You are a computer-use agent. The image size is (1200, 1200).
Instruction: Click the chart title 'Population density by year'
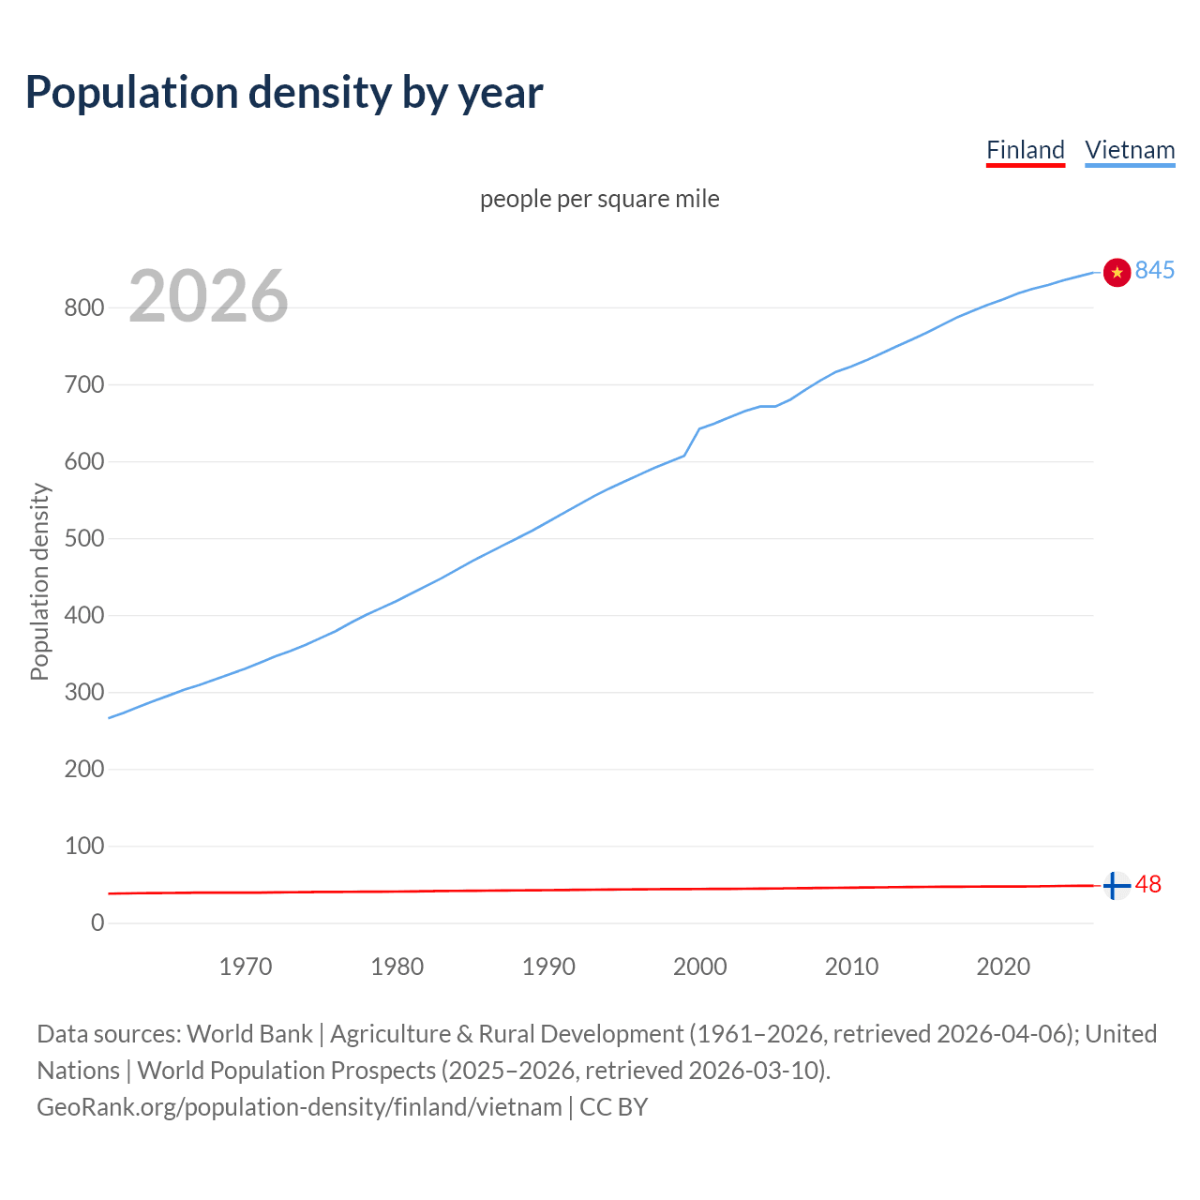(284, 93)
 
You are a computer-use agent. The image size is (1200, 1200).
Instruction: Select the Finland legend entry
(1026, 150)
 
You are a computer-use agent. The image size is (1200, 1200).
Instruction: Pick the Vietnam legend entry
(1130, 150)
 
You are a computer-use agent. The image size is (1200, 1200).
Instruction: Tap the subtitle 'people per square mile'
(600, 199)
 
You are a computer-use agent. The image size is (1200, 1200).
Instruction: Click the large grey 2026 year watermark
(208, 296)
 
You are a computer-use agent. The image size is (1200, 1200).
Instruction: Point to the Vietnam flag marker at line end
(1117, 272)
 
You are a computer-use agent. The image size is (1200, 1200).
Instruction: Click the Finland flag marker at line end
(1116, 885)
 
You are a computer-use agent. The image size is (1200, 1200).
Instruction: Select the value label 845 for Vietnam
(1154, 270)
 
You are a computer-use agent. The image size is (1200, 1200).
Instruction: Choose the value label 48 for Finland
(1147, 884)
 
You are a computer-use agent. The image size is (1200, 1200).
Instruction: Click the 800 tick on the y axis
(84, 307)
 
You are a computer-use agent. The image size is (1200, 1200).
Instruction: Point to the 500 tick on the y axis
(84, 538)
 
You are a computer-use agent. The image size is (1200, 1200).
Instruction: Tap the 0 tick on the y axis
(97, 922)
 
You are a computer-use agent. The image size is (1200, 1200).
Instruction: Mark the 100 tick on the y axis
(84, 846)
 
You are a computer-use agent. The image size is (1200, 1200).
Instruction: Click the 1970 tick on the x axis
(246, 967)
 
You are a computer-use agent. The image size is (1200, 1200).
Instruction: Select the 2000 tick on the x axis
(699, 967)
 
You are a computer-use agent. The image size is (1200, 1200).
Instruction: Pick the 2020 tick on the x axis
(1003, 967)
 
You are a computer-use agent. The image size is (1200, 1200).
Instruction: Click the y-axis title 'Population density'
(39, 581)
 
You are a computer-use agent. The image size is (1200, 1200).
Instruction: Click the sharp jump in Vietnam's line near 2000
(692, 442)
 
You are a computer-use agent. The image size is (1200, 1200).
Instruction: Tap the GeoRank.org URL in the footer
(299, 1107)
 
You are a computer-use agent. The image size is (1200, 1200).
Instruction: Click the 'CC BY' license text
(614, 1107)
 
